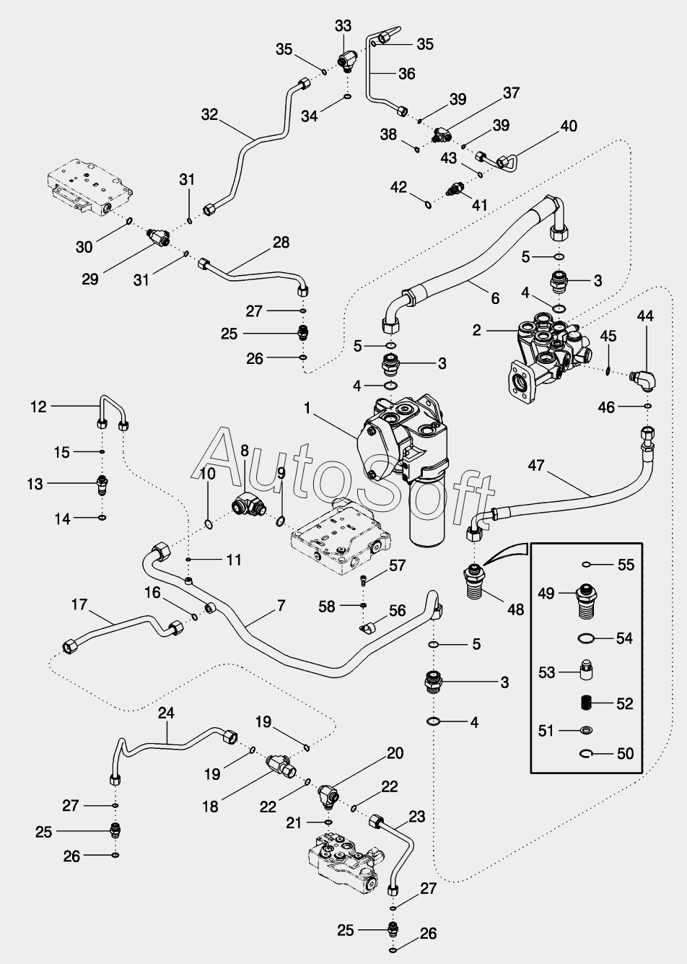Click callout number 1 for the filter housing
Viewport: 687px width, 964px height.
coord(307,408)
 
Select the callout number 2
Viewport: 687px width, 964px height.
coord(476,331)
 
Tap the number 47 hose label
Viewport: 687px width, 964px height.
coord(536,465)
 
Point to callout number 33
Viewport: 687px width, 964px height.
coord(343,26)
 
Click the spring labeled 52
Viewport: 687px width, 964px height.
coord(585,703)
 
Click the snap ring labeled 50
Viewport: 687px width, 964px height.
coord(586,752)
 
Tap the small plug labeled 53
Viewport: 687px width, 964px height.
coord(586,670)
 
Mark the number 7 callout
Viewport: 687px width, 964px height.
coord(281,606)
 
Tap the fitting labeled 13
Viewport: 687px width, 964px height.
coord(102,484)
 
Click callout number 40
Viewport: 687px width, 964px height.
coord(569,126)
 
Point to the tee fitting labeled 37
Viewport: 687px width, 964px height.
coord(441,136)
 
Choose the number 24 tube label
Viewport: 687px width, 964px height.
coord(166,713)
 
